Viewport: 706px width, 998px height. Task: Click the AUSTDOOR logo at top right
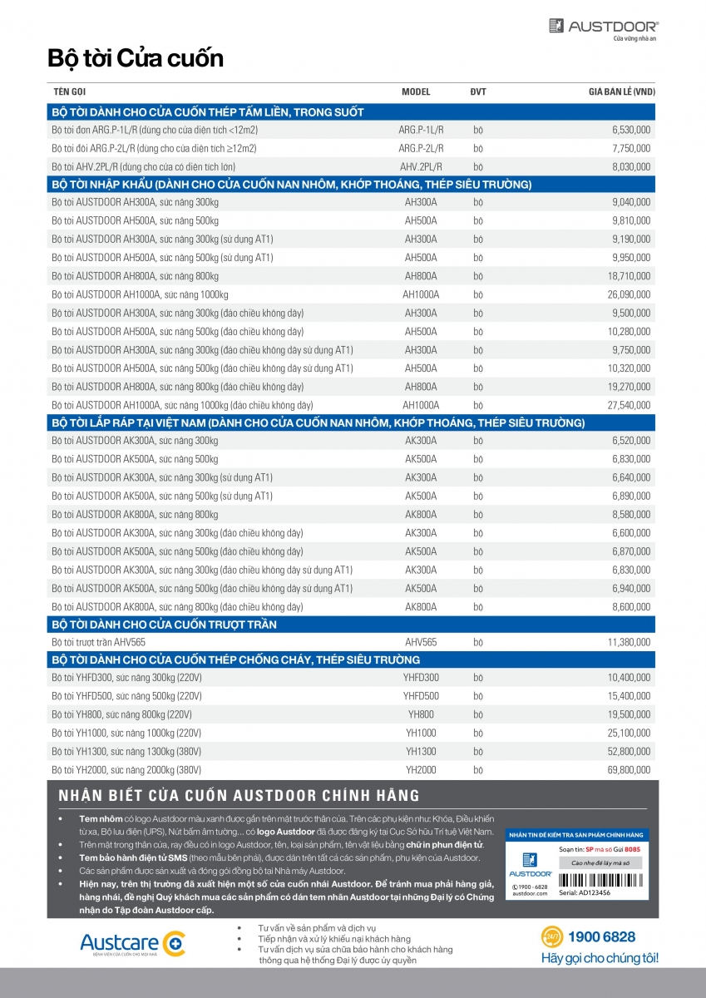click(x=603, y=28)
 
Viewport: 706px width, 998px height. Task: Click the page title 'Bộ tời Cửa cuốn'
click(x=136, y=59)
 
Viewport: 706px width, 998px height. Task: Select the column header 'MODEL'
click(x=416, y=93)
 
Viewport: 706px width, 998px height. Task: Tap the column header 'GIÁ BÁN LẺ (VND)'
click(x=615, y=93)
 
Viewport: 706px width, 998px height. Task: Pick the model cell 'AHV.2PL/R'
click(x=421, y=167)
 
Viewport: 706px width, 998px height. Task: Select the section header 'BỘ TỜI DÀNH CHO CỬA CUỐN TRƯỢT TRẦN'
click(x=164, y=624)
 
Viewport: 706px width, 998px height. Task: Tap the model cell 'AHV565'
click(x=421, y=642)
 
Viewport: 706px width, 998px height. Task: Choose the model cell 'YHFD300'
click(x=421, y=678)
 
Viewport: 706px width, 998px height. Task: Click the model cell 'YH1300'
click(x=421, y=752)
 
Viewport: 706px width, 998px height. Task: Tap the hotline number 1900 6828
click(x=601, y=937)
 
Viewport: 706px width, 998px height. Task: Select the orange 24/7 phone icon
click(x=551, y=937)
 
